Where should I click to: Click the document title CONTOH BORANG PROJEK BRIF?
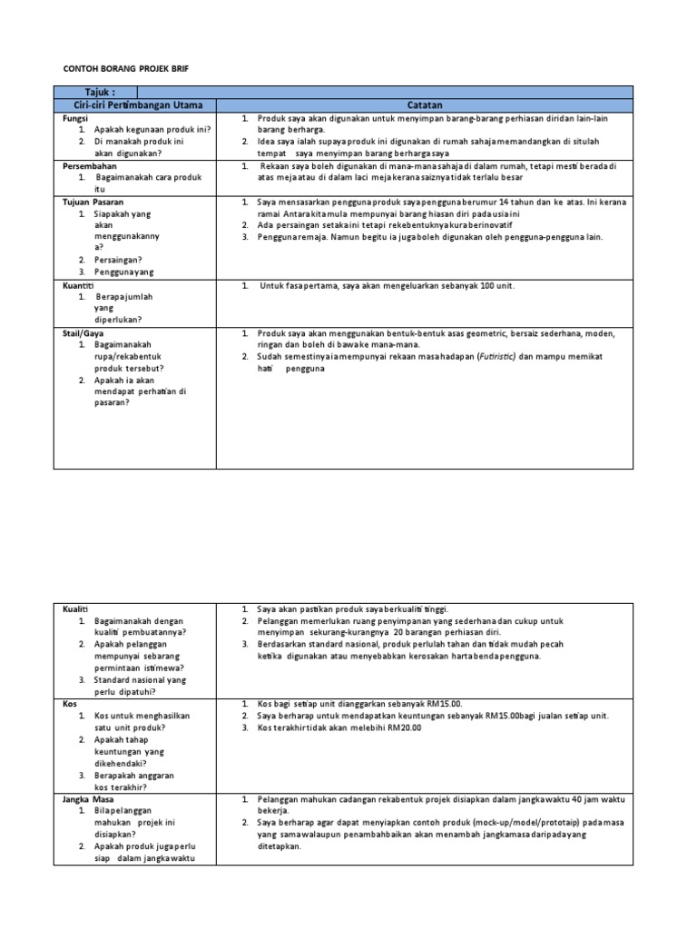pos(126,69)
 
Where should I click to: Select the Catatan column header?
pos(424,105)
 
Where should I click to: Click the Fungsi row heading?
pos(74,119)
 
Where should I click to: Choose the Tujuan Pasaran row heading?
pos(93,202)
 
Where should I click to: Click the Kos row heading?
pos(69,704)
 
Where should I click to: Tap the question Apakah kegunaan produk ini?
pos(151,130)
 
